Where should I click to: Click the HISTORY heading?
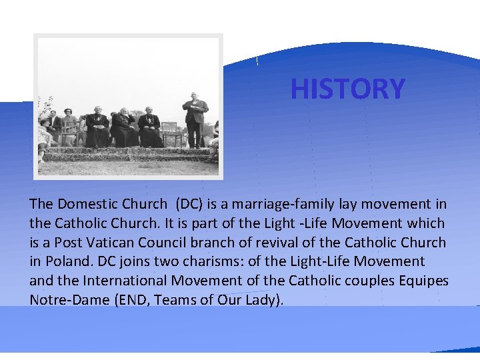pos(347,89)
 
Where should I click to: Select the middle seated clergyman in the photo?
pos(123,127)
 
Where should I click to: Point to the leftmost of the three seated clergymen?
pos(97,128)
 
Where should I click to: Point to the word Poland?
pos(65,261)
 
